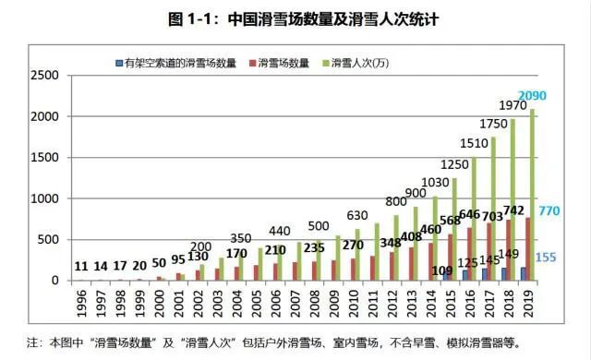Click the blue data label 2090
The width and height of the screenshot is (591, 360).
pos(533,96)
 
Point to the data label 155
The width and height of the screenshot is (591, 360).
pos(546,257)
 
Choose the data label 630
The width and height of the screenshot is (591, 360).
pos(358,216)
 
